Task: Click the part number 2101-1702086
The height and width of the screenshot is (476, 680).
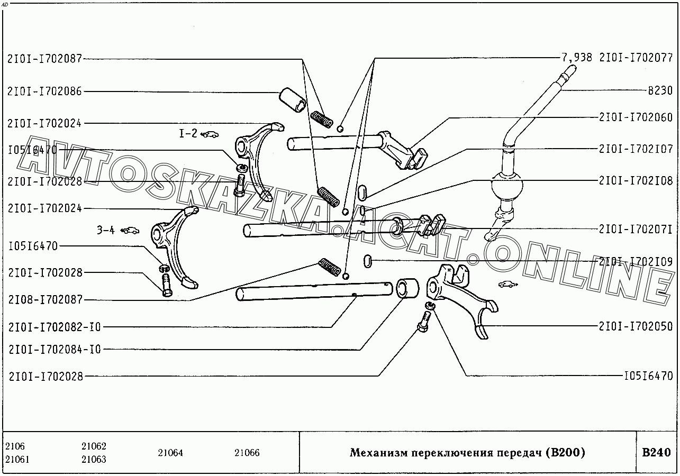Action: pyautogui.click(x=45, y=91)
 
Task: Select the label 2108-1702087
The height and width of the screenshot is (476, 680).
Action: pyautogui.click(x=45, y=300)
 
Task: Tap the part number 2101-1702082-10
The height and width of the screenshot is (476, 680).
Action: pyautogui.click(x=55, y=327)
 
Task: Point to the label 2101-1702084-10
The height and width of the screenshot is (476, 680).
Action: pyautogui.click(x=55, y=350)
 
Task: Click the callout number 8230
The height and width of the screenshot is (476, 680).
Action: pyautogui.click(x=660, y=90)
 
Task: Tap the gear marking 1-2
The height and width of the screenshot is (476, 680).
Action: pyautogui.click(x=188, y=134)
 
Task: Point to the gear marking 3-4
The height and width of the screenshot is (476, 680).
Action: pyautogui.click(x=106, y=230)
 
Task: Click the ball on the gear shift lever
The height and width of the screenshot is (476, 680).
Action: pyautogui.click(x=507, y=186)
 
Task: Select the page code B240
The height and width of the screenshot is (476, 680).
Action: pyautogui.click(x=656, y=453)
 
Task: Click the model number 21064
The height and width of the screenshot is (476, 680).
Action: pyautogui.click(x=170, y=453)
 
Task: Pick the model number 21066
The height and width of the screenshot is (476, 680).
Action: pyautogui.click(x=247, y=453)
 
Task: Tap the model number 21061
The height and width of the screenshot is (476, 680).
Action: pyautogui.click(x=17, y=460)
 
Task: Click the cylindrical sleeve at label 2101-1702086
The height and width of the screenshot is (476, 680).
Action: pyautogui.click(x=292, y=99)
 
